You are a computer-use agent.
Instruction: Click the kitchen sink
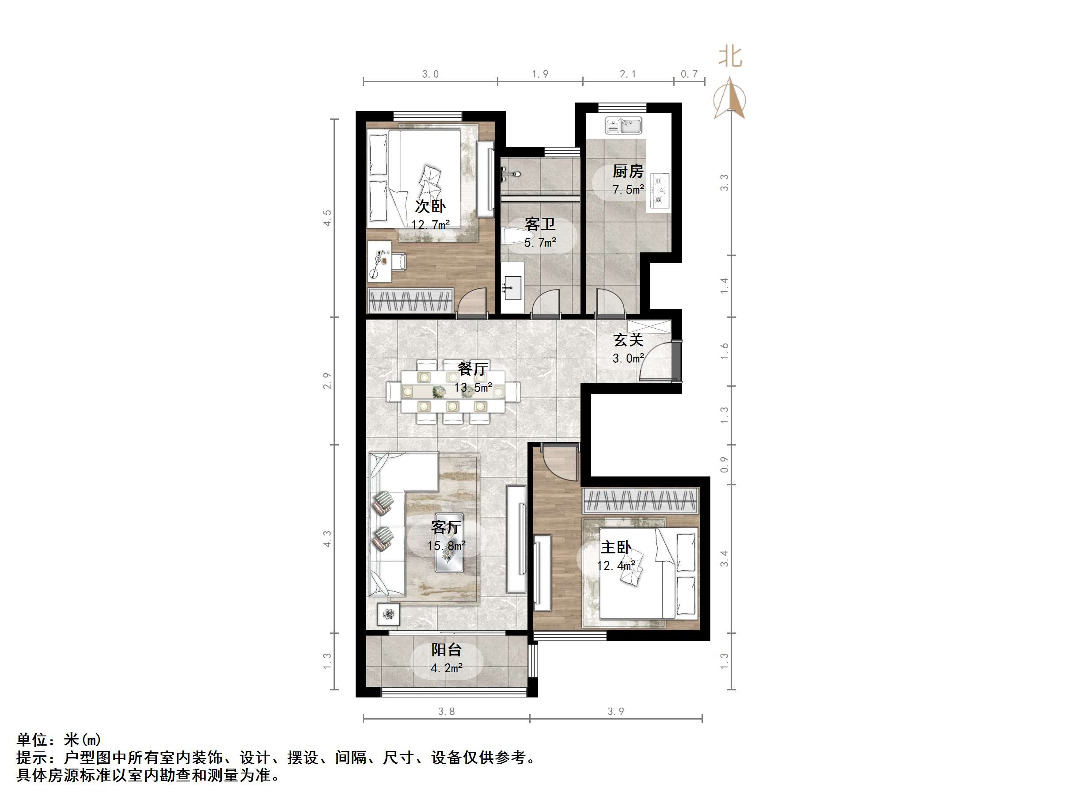624,126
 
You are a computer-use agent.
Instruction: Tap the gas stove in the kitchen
659,191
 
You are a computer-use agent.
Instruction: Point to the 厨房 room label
628,171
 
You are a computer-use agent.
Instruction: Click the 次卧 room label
430,206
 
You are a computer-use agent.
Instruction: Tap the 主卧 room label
616,547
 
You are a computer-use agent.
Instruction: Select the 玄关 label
628,340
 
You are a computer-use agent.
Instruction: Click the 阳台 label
446,650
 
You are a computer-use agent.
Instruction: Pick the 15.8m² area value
446,546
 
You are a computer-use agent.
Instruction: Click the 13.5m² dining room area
473,387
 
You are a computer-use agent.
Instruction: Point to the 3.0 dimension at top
430,74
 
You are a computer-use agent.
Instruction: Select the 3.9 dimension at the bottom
615,711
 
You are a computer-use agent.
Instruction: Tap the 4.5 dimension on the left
328,218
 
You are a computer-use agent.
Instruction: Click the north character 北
730,57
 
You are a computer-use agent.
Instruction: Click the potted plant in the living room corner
389,614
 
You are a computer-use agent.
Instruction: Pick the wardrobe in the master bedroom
641,500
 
